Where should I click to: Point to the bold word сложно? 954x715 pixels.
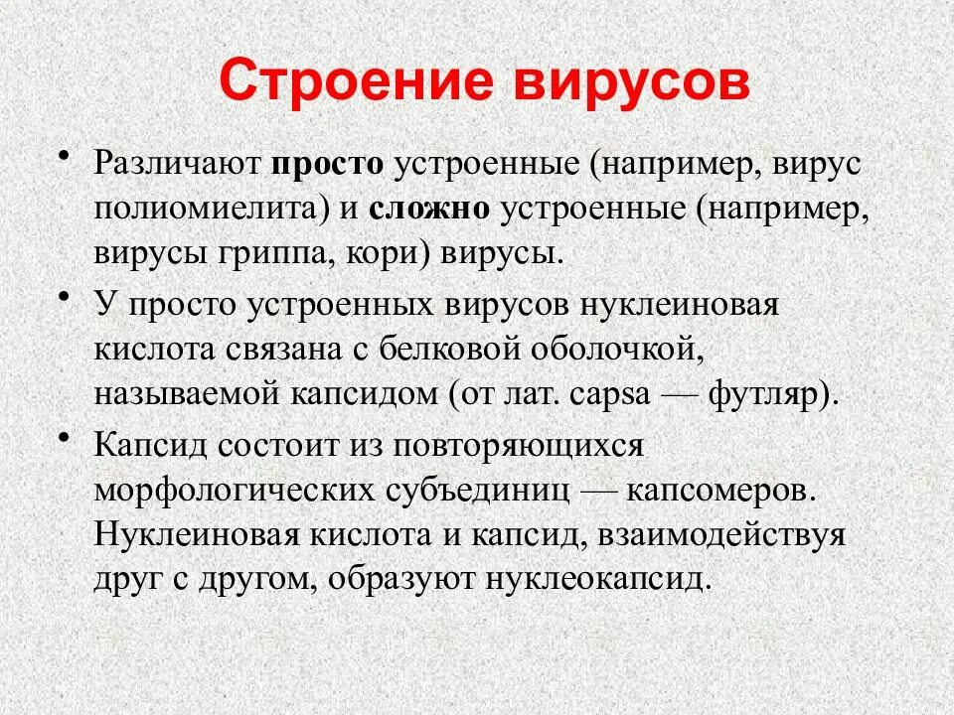(x=431, y=209)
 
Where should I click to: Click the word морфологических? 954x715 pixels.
(x=233, y=491)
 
